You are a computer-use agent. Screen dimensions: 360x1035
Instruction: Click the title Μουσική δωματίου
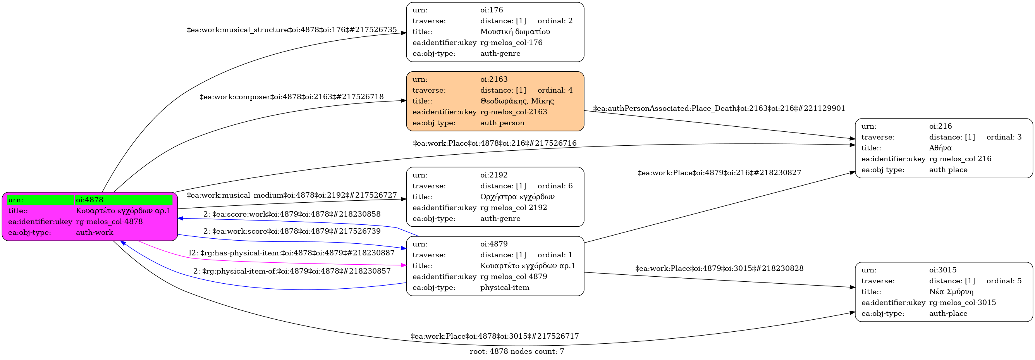pyautogui.click(x=515, y=32)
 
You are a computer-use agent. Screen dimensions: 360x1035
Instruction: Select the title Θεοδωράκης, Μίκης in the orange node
pyautogui.click(x=517, y=101)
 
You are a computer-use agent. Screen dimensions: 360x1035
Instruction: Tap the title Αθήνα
pyautogui.click(x=940, y=148)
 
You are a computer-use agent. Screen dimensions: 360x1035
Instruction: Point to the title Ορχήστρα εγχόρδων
pyautogui.click(x=517, y=197)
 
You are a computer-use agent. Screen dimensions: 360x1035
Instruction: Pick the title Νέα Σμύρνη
pyautogui.click(x=951, y=292)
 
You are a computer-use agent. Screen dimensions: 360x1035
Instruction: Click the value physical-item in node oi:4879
pyautogui.click(x=505, y=288)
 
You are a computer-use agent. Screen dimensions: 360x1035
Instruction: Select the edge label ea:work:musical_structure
pyautogui.click(x=292, y=30)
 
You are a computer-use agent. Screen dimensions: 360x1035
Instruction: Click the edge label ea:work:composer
pyautogui.click(x=292, y=97)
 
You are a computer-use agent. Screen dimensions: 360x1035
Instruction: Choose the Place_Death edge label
pyautogui.click(x=719, y=109)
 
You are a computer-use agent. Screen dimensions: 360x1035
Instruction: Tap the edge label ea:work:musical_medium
pyautogui.click(x=292, y=195)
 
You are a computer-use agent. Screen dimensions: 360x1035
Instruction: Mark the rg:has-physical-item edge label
pyautogui.click(x=292, y=253)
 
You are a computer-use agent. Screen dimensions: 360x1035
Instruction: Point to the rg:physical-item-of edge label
pyautogui.click(x=292, y=271)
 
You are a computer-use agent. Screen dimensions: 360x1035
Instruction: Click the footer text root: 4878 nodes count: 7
pyautogui.click(x=517, y=351)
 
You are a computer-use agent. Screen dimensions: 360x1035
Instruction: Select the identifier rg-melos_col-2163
pyautogui.click(x=514, y=112)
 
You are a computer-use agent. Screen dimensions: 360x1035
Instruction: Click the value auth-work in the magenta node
pyautogui.click(x=95, y=233)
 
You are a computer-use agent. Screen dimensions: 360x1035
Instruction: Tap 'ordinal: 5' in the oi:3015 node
pyautogui.click(x=1004, y=281)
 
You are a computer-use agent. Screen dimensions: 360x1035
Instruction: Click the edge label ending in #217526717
pyautogui.click(x=495, y=336)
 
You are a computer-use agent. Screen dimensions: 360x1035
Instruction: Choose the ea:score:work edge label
pyautogui.click(x=292, y=214)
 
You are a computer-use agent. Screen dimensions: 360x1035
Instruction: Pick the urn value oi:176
pyautogui.click(x=492, y=10)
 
